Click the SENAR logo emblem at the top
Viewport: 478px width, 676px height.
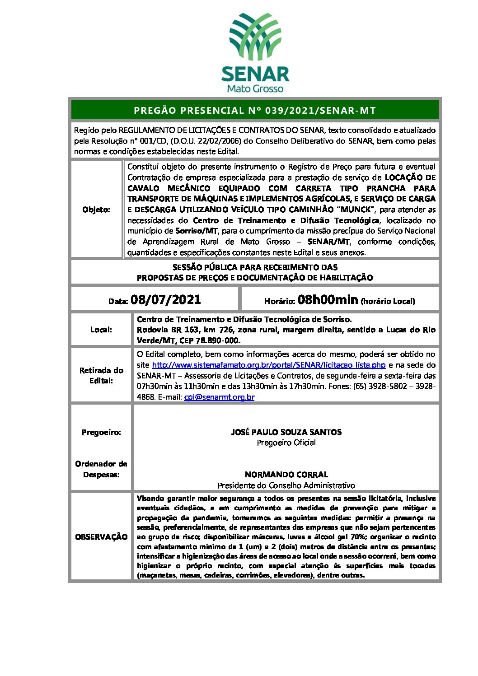(255, 37)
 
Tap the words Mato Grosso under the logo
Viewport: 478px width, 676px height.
(255, 89)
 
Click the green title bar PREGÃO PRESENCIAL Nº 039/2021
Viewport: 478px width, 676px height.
(255, 110)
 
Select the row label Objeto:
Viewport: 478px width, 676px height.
(96, 210)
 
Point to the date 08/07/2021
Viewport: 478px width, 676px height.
(165, 300)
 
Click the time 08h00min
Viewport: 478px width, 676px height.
(328, 299)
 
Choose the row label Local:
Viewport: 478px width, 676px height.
(101, 330)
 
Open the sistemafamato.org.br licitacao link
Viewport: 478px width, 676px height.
(268, 365)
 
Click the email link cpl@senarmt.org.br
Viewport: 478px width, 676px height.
(219, 397)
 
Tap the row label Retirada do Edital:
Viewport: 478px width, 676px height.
(101, 375)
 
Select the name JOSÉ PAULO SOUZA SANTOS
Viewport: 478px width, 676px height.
(286, 432)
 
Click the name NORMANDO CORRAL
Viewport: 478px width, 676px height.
(286, 475)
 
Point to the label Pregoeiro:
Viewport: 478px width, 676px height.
(101, 432)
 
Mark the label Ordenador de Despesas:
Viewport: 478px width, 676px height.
(101, 469)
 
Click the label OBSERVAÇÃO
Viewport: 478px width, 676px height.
(101, 537)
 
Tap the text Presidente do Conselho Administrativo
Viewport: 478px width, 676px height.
(286, 485)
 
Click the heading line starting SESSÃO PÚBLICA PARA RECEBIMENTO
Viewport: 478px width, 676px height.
(255, 267)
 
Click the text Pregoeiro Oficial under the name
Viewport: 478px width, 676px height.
(286, 443)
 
